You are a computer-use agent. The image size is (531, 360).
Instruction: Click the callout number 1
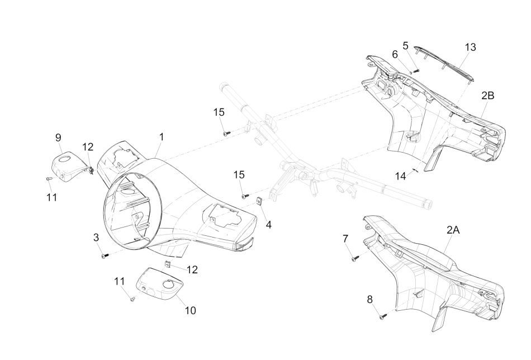[x=161, y=136]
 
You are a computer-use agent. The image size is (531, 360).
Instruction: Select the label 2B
[x=487, y=96]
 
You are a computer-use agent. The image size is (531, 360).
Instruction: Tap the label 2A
[x=453, y=230]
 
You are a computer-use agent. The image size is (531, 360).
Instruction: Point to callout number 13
[x=471, y=48]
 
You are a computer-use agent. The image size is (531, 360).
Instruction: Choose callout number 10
[x=190, y=310]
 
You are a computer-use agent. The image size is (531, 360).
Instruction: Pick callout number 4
[x=268, y=225]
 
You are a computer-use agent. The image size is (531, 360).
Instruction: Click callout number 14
[x=400, y=176]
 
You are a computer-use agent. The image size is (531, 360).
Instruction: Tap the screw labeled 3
[x=104, y=255]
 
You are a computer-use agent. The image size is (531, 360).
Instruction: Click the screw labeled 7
[x=354, y=258]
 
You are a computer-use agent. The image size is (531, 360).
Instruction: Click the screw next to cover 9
[x=49, y=178]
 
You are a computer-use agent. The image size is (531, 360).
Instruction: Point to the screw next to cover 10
[x=132, y=300]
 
